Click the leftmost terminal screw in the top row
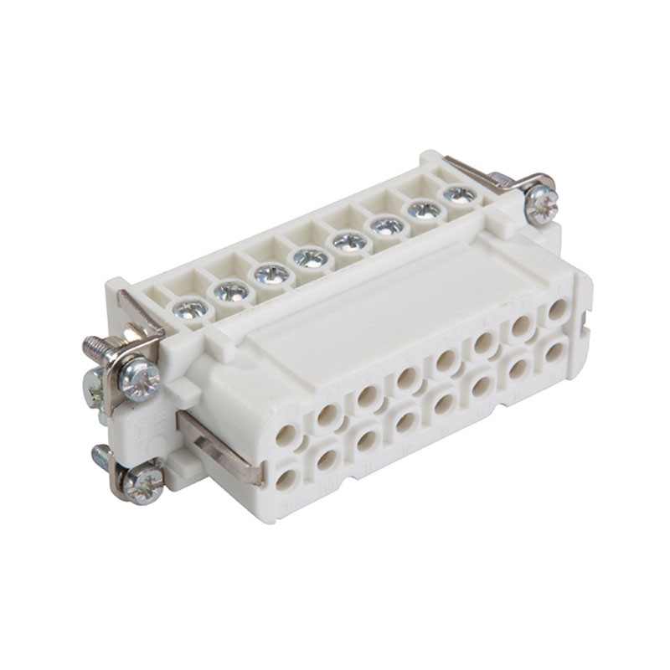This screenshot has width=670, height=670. (x=192, y=309)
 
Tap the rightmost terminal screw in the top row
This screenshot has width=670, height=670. (x=460, y=194)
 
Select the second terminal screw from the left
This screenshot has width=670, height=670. (x=231, y=291)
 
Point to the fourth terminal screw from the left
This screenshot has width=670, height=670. (x=311, y=258)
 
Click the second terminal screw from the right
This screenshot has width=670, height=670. (x=425, y=209)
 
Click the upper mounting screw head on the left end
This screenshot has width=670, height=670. (x=139, y=379)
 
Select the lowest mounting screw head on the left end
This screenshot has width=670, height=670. (x=143, y=484)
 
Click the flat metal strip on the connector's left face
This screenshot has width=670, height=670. (x=220, y=448)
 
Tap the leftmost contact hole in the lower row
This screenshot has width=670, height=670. (x=287, y=479)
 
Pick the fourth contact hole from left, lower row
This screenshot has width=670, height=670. (x=406, y=421)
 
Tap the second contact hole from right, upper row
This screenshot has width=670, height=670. (x=521, y=326)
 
